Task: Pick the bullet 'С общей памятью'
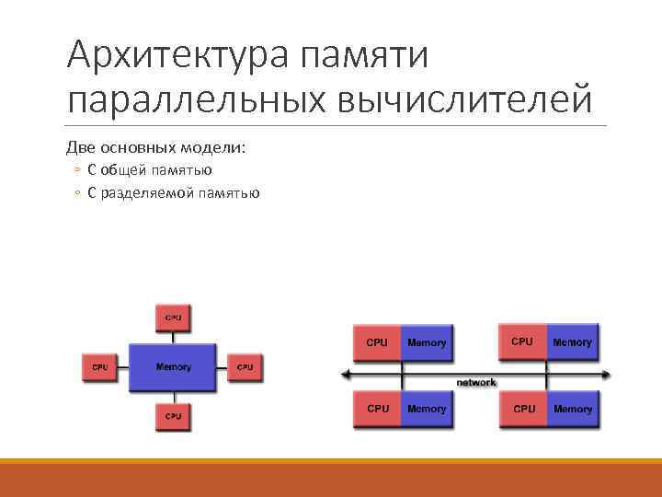point(150,170)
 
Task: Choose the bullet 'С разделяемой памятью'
point(174,193)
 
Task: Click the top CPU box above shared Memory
point(173,318)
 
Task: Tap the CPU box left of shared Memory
point(99,367)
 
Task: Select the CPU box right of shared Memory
point(245,367)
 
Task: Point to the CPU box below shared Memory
point(173,416)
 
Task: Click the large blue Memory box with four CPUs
point(173,367)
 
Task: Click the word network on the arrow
point(476,382)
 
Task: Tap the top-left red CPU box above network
point(377,341)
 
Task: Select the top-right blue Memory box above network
point(572,341)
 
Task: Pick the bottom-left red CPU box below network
point(377,408)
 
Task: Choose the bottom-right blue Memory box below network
point(572,408)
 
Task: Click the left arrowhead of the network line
point(346,375)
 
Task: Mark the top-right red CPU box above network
point(522,341)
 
